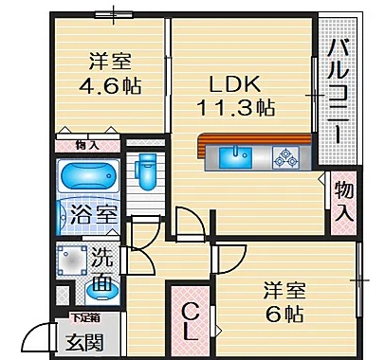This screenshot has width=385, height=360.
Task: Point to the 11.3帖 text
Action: pos(236,107)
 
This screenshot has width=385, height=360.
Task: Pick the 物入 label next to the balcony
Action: pos(345,201)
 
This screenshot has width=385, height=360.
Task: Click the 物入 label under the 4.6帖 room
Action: pos(86,145)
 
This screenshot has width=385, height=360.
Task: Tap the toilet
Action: pos(147,171)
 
